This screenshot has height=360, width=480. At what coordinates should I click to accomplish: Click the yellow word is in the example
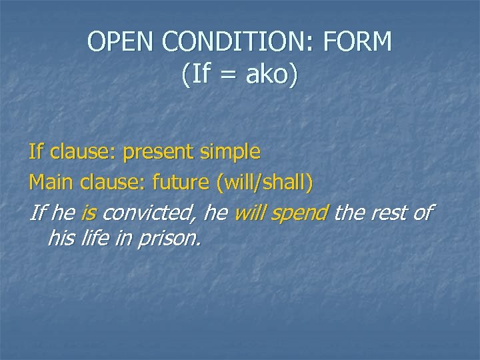pyautogui.click(x=89, y=213)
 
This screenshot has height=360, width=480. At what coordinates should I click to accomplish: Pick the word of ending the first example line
pyautogui.click(x=422, y=213)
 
